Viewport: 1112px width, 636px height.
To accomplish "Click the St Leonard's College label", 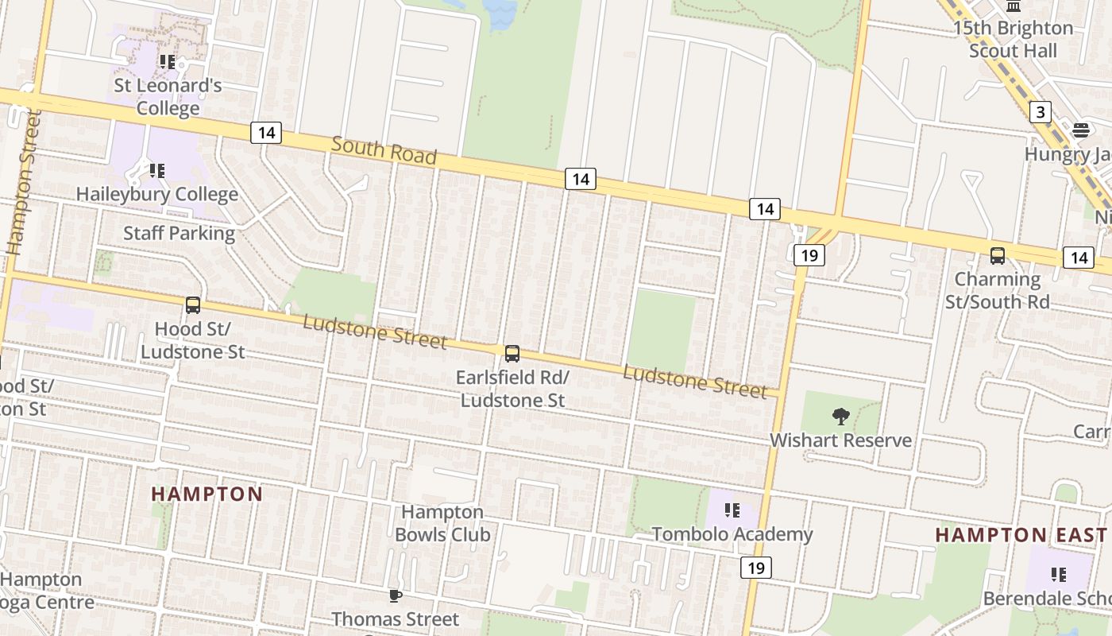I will click(168, 96).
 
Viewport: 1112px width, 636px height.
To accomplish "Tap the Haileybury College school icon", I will click(157, 170).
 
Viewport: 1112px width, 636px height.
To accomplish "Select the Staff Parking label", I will click(179, 233).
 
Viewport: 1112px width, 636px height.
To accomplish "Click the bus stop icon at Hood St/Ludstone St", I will click(192, 305).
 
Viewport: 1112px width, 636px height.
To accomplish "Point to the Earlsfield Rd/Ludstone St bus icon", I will click(512, 354).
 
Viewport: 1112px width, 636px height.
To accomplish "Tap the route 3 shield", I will click(1040, 112).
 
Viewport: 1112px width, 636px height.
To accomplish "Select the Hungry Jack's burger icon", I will click(1081, 130).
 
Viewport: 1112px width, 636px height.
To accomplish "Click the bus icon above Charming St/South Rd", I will click(998, 256).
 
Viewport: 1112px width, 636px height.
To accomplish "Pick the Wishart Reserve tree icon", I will click(840, 416).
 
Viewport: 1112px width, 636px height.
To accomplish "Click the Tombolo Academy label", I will click(732, 534).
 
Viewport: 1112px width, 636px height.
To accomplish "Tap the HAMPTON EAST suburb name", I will click(1021, 534).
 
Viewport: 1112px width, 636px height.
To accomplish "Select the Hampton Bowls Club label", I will click(442, 523).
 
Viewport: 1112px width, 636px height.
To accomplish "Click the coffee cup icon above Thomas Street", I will click(395, 595).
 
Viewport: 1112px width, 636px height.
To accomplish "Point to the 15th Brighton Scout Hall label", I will click(1013, 39).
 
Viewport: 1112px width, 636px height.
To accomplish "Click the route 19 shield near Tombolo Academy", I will click(756, 568).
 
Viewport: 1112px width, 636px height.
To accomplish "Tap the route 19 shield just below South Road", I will click(809, 255).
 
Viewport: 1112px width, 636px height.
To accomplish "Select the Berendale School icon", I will click(1058, 574).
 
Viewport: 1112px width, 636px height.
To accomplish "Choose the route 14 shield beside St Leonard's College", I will click(266, 133).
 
